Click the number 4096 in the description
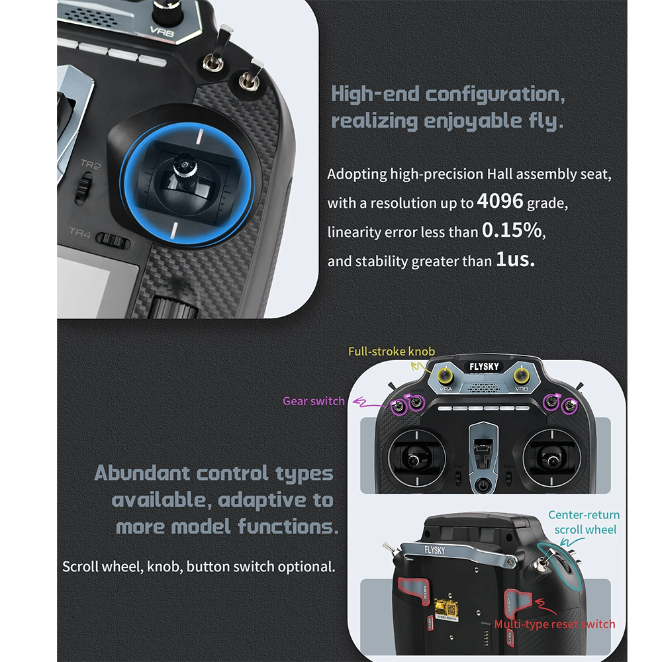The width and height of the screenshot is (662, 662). pos(500,201)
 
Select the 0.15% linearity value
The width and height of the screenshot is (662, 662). pos(512,230)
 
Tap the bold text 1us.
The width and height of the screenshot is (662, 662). pos(515,260)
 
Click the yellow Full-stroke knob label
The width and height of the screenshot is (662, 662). pos(391,352)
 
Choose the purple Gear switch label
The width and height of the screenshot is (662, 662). pos(314,401)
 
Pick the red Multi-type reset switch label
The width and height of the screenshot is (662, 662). pos(554,624)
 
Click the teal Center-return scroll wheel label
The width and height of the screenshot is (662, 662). pos(585,522)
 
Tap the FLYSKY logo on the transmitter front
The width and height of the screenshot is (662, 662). pos(484,367)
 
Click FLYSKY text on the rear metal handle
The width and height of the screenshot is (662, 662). pos(435,551)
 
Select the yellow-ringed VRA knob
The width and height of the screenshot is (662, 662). pos(445,375)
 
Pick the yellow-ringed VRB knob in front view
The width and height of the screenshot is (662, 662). pos(522,375)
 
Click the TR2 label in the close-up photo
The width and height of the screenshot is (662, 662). pos(91,164)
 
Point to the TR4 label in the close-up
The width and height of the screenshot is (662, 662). pos(80,232)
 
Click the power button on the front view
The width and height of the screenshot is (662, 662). pos(483,486)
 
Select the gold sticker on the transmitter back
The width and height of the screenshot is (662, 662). pos(446,608)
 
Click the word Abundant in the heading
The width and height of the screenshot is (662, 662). pos(142,473)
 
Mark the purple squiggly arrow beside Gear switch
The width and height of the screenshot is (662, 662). pos(369,402)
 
